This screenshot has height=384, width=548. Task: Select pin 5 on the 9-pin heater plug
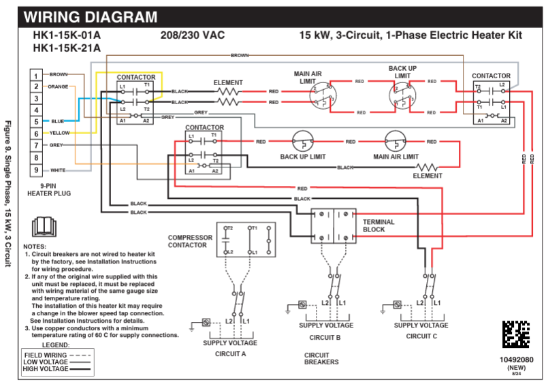click(x=36, y=121)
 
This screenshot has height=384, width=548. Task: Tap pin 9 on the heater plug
click(x=36, y=170)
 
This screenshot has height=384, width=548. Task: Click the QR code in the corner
click(x=516, y=334)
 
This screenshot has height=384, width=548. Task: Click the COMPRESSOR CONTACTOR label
click(x=190, y=242)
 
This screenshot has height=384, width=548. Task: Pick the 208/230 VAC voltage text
click(x=193, y=35)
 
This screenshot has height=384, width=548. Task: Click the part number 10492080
click(x=515, y=359)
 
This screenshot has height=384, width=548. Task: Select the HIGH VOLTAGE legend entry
click(x=46, y=369)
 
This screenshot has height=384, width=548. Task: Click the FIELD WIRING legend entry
click(x=46, y=355)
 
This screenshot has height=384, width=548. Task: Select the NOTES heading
click(x=35, y=246)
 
